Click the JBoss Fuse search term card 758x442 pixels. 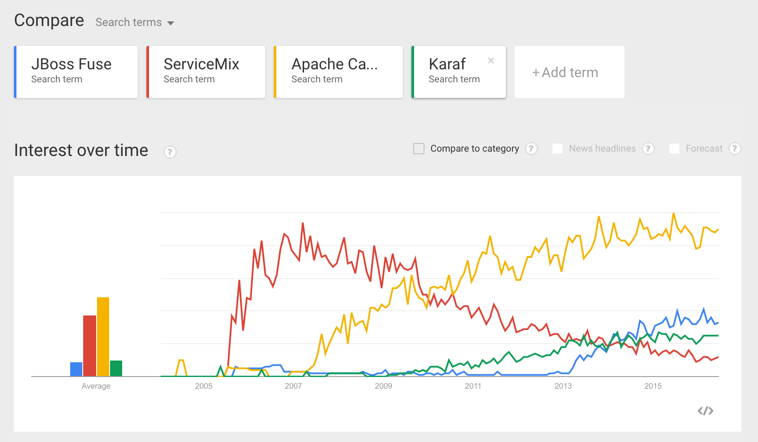click(x=76, y=72)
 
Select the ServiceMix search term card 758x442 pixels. click(x=206, y=72)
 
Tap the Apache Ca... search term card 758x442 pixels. click(x=339, y=72)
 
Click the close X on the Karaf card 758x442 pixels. click(x=491, y=61)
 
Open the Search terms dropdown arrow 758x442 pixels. click(x=171, y=23)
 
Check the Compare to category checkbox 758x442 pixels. click(x=419, y=149)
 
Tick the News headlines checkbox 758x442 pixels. click(x=557, y=149)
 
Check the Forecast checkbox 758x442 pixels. click(x=674, y=149)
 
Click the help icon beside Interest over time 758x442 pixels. click(x=170, y=152)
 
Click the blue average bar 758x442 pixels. click(x=76, y=369)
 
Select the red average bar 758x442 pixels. click(x=90, y=346)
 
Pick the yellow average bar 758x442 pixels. click(x=103, y=337)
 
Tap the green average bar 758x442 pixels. click(x=116, y=368)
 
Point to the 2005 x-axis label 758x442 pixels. click(x=204, y=386)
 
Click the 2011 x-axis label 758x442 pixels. click(x=473, y=386)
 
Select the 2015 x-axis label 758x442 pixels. click(x=653, y=386)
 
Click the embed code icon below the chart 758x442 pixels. click(x=705, y=411)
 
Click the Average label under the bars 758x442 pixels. click(x=96, y=386)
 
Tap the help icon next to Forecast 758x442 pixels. click(x=735, y=149)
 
